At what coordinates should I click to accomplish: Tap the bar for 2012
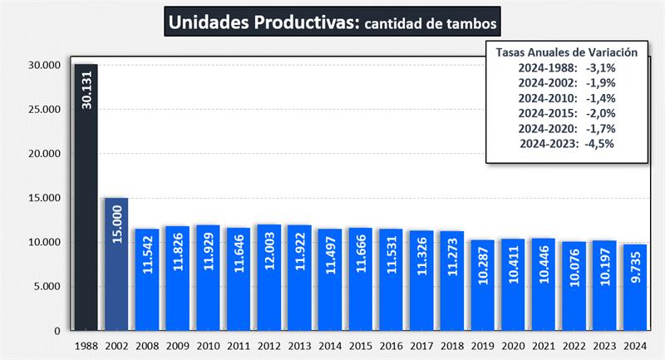[268, 278]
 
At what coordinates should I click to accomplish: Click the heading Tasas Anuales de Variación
[566, 52]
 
